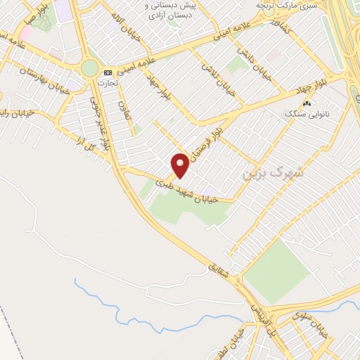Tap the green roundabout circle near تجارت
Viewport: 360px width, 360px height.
(89, 67)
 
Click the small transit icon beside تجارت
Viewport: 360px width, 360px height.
(108, 72)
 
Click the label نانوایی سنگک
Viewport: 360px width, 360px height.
(307, 113)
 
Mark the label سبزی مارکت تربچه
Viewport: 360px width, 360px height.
(281, 5)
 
